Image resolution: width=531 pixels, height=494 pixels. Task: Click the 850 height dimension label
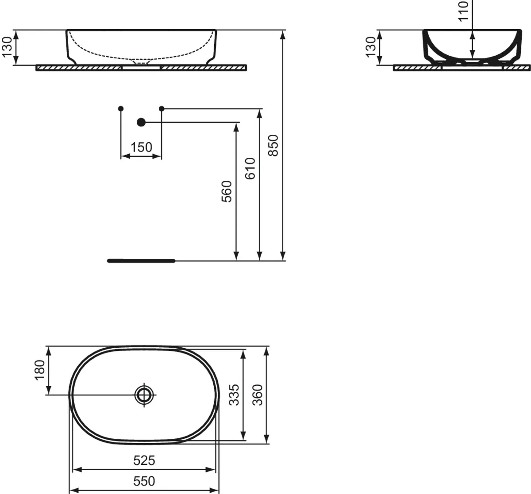[x=273, y=145]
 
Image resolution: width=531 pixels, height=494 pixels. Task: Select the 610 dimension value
[x=250, y=168]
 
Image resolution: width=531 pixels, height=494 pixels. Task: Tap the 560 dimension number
[x=227, y=191]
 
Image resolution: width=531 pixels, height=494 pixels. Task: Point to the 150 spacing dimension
[x=141, y=147]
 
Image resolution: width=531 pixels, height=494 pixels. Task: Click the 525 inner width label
[x=144, y=461]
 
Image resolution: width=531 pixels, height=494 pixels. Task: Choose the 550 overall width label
[x=144, y=481]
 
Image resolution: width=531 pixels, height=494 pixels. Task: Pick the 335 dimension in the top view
[x=235, y=395]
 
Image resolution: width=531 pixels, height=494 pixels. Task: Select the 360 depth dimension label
[x=258, y=395]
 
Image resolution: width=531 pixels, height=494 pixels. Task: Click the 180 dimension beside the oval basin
[x=40, y=370]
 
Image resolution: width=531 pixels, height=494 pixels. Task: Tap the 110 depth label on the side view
[x=463, y=11]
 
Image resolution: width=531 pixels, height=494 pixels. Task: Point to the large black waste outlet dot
[x=141, y=122]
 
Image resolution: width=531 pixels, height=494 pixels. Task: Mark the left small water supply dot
[x=121, y=108]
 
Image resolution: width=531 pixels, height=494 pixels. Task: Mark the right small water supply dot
[x=162, y=108]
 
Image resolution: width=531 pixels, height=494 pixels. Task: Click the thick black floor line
[x=141, y=261]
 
